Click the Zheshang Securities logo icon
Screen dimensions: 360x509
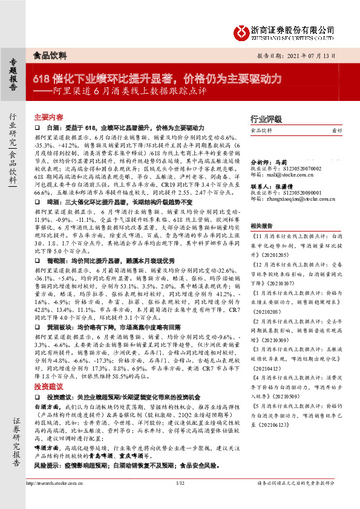242,30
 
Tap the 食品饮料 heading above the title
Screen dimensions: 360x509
49,55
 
